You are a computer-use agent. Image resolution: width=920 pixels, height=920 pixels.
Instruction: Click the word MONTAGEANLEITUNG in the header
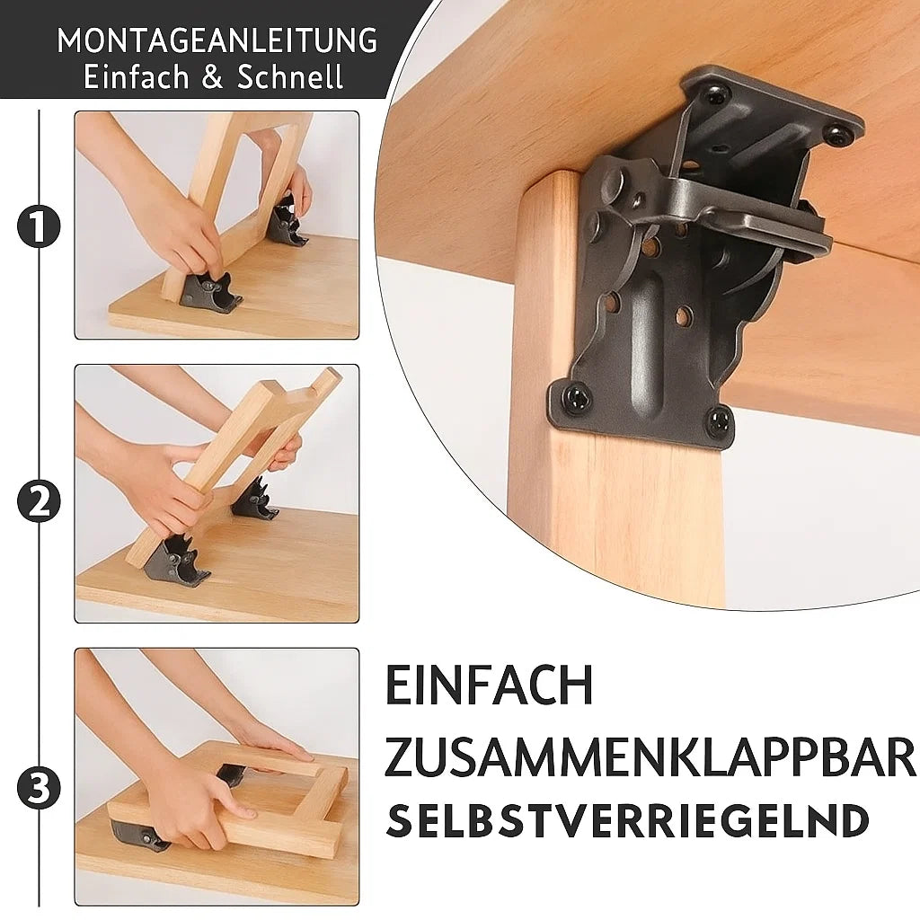coord(217,40)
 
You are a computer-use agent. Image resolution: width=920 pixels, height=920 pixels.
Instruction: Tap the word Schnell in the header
coord(290,77)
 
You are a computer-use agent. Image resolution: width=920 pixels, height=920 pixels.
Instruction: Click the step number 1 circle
coord(39,228)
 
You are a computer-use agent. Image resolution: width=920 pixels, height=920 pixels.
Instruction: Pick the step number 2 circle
coord(39,501)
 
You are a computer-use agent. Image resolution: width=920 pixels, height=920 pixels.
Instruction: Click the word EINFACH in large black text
coord(490,686)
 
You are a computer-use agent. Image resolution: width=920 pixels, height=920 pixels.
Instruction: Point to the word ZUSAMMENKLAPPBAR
coord(651,758)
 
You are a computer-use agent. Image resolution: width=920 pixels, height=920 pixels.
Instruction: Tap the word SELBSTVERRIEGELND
coord(627,821)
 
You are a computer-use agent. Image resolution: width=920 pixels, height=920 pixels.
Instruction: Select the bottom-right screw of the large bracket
coord(718,420)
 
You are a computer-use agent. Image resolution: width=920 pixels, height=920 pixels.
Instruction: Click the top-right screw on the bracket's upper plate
coord(836,135)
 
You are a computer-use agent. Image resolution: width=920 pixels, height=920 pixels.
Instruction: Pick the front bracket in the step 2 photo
coord(175,561)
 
